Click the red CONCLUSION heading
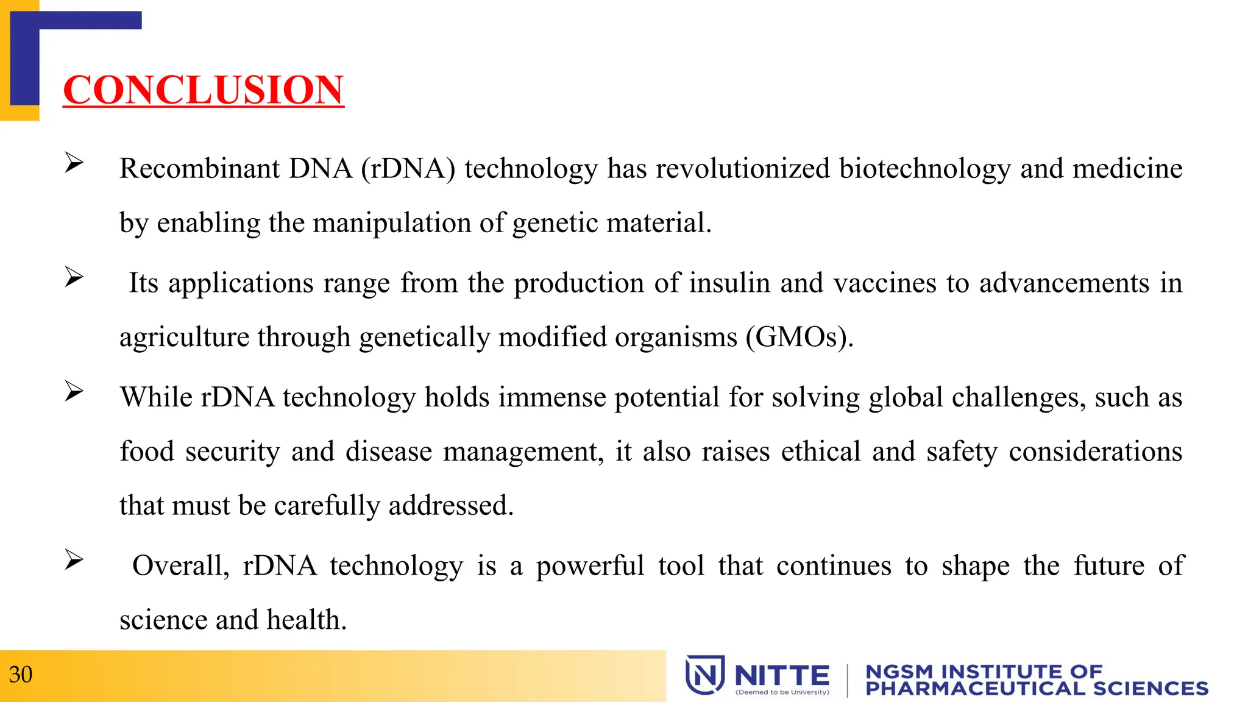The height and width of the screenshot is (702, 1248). click(x=204, y=90)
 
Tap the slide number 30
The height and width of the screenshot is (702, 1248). click(x=21, y=675)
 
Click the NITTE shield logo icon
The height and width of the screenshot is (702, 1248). click(x=705, y=675)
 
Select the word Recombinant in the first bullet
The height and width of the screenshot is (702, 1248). click(x=199, y=168)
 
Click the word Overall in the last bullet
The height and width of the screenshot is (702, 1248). click(x=180, y=565)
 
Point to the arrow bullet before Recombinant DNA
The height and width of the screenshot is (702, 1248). click(x=74, y=163)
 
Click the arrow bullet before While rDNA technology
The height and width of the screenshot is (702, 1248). click(x=74, y=391)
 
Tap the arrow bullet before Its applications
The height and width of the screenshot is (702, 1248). click(x=74, y=277)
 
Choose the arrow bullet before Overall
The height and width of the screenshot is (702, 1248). click(x=74, y=559)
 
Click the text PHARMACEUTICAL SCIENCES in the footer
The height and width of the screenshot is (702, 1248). click(x=1037, y=689)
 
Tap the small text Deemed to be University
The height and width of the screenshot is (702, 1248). click(x=782, y=692)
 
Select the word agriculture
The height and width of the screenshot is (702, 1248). click(x=183, y=337)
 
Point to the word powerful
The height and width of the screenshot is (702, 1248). click(x=590, y=565)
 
